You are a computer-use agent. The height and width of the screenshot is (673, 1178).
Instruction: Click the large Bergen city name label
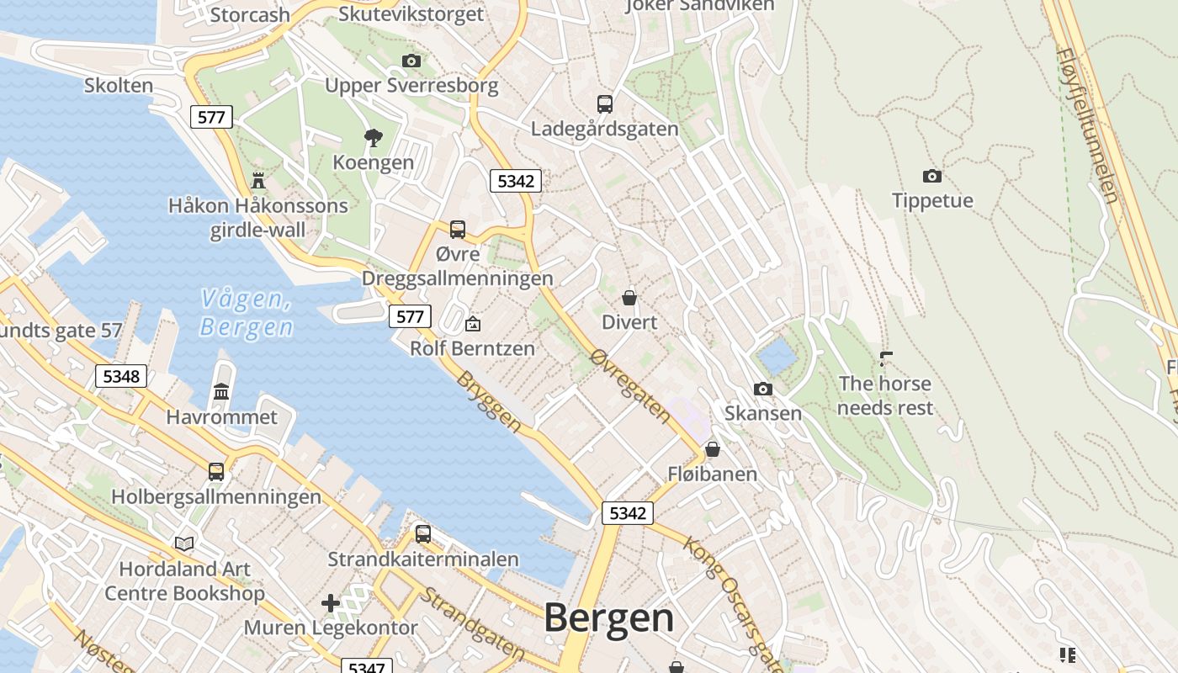pyautogui.click(x=608, y=618)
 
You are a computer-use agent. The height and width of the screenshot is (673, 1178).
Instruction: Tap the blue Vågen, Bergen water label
pyautogui.click(x=247, y=312)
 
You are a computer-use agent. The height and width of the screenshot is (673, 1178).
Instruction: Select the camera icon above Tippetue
pyautogui.click(x=931, y=176)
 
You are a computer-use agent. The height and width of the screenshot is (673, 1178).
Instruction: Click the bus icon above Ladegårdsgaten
pyautogui.click(x=604, y=104)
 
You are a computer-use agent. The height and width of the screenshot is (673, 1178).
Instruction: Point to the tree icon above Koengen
pyautogui.click(x=373, y=137)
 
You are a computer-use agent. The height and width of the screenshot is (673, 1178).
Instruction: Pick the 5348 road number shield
pyautogui.click(x=121, y=375)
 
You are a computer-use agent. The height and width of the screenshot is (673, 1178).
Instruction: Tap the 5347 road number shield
pyautogui.click(x=367, y=666)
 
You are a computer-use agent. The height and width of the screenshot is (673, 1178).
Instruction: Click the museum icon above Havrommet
pyautogui.click(x=221, y=391)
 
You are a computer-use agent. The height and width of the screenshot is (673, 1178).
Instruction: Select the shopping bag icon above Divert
pyautogui.click(x=629, y=298)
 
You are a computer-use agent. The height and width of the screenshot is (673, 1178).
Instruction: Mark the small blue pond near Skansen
pyautogui.click(x=777, y=358)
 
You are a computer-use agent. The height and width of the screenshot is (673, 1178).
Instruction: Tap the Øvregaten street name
pyautogui.click(x=630, y=386)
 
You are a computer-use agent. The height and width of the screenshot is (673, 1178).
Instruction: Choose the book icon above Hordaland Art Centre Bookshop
pyautogui.click(x=184, y=544)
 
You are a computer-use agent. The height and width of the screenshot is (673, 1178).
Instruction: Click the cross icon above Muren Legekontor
pyautogui.click(x=331, y=603)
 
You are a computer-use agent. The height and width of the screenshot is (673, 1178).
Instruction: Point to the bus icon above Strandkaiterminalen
pyautogui.click(x=422, y=533)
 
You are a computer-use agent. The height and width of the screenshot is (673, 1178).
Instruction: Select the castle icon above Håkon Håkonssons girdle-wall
pyautogui.click(x=258, y=180)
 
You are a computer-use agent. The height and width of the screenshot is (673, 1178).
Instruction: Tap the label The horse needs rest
pyautogui.click(x=885, y=395)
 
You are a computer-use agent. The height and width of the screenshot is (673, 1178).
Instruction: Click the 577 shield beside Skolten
pyautogui.click(x=210, y=117)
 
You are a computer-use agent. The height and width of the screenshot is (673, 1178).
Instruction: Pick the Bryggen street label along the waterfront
pyautogui.click(x=488, y=402)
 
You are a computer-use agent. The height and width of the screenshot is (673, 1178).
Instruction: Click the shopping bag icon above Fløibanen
pyautogui.click(x=713, y=449)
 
